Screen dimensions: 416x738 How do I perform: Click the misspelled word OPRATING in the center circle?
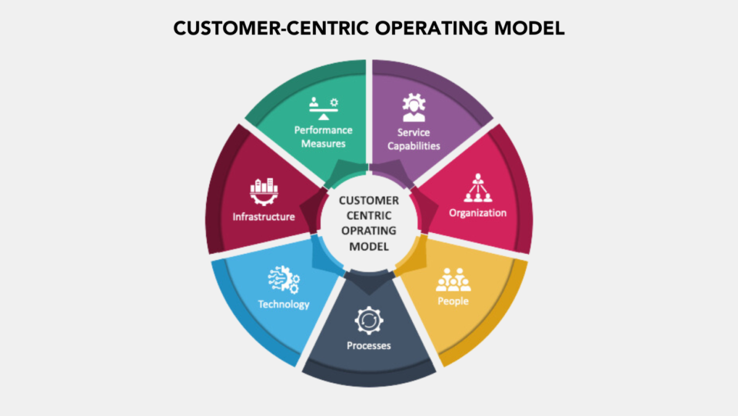pyautogui.click(x=369, y=231)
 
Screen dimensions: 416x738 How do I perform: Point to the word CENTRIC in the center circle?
pyautogui.click(x=369, y=215)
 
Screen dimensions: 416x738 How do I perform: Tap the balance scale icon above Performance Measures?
pyautogui.click(x=324, y=106)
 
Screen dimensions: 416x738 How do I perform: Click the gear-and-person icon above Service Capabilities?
pyautogui.click(x=414, y=108)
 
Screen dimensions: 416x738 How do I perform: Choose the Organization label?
pyautogui.click(x=478, y=212)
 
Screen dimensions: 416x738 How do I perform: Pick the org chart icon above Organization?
pyautogui.click(x=477, y=188)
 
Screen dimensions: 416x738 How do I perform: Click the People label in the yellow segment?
pyautogui.click(x=453, y=301)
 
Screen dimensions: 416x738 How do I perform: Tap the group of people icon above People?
pyautogui.click(x=453, y=279)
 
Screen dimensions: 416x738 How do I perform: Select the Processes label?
pyautogui.click(x=369, y=345)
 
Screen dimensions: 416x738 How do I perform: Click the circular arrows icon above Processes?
pyautogui.click(x=368, y=319)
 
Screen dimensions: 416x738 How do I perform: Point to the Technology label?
pyautogui.click(x=284, y=304)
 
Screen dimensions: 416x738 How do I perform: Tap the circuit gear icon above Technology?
pyautogui.click(x=283, y=279)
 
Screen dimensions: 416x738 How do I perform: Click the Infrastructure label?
pyautogui.click(x=264, y=217)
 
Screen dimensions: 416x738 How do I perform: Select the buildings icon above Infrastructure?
pyautogui.click(x=263, y=191)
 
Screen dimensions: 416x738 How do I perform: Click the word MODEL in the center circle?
pyautogui.click(x=369, y=246)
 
